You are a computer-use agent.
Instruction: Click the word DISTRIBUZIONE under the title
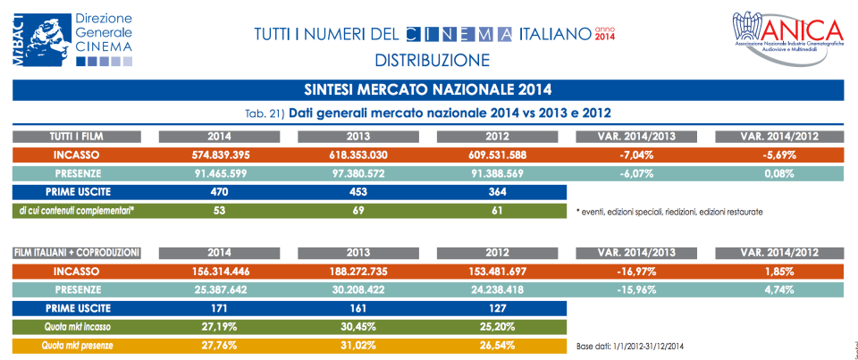tap(433, 61)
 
